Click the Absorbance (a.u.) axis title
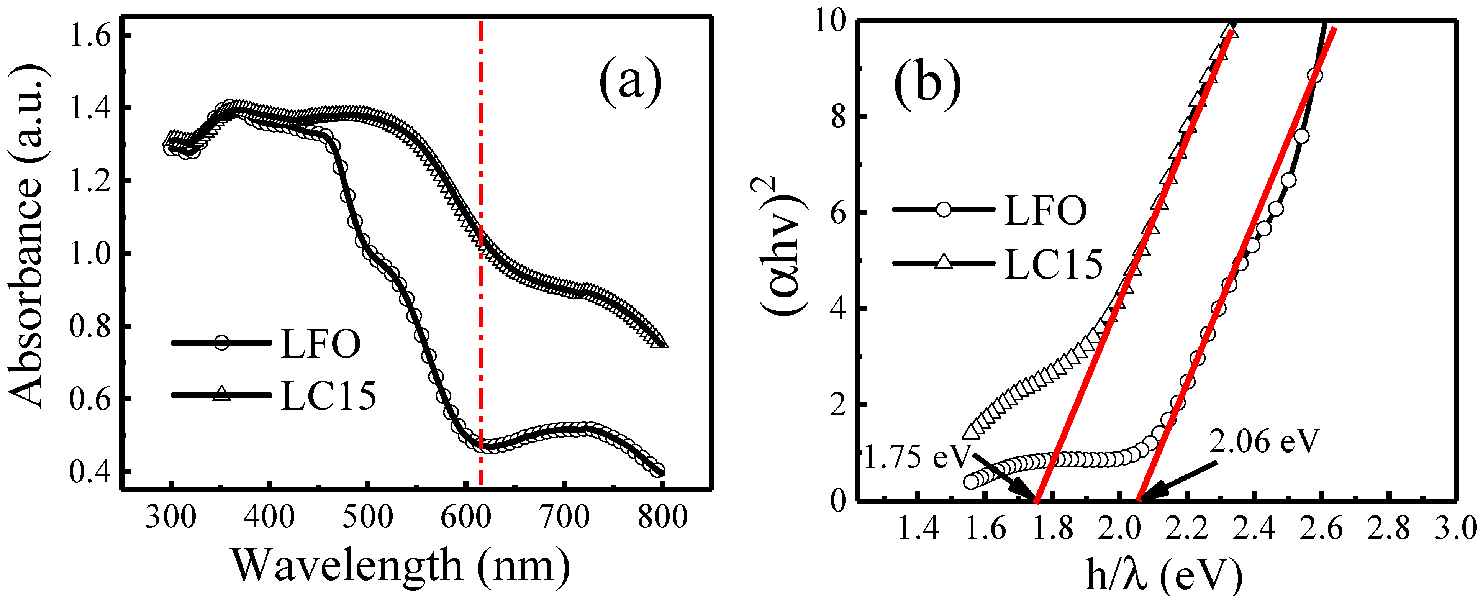26,236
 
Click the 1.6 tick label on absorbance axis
90,36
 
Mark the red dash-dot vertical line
481,144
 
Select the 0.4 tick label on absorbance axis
90,472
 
